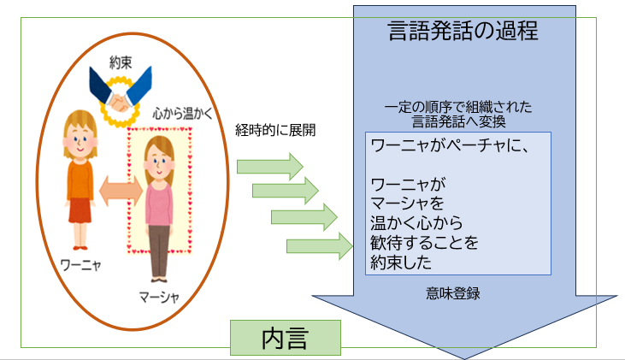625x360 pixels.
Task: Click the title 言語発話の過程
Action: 463,31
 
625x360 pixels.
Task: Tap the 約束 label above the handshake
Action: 121,62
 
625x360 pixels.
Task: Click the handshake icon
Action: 120,97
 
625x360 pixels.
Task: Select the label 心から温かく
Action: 183,114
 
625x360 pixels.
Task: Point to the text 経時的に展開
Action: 275,130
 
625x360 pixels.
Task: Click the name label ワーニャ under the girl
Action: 80,265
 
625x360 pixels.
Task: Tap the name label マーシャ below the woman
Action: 159,297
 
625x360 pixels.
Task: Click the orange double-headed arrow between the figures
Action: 121,191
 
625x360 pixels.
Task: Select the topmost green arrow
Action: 270,166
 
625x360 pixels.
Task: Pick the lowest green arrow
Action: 320,246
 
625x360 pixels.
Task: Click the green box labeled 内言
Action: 286,338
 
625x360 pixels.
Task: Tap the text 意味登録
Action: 453,293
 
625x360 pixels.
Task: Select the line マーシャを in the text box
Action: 407,204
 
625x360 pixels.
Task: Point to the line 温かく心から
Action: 416,223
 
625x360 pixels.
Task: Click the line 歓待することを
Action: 424,242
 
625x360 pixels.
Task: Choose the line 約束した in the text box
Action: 401,262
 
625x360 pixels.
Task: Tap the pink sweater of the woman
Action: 159,204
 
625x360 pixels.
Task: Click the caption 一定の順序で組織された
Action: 458,107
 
